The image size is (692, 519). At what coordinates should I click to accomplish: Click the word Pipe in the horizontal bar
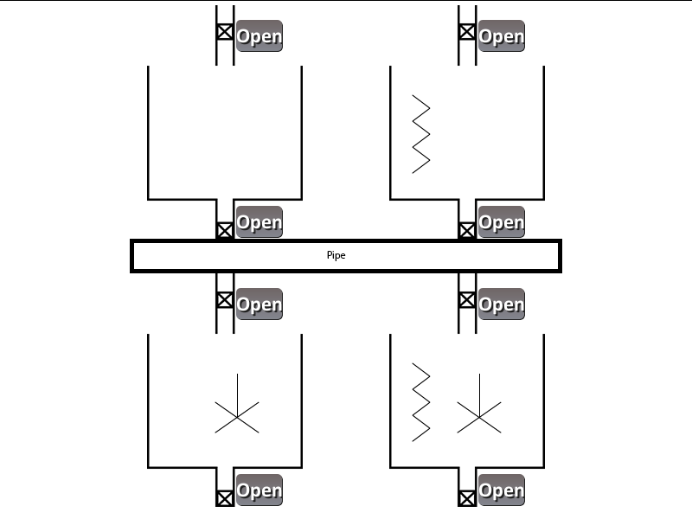tap(336, 256)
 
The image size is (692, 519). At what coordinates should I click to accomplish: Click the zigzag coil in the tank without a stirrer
tap(421, 133)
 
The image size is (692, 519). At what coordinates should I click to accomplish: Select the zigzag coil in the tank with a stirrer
tap(421, 402)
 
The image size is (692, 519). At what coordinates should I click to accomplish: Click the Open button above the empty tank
tap(259, 36)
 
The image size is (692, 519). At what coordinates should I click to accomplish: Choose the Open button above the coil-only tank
tap(502, 36)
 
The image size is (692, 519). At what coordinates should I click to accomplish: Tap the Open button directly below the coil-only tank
tap(502, 222)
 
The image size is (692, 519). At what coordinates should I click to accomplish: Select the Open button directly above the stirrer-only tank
tap(259, 304)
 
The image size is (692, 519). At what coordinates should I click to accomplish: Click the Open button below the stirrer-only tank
tap(259, 490)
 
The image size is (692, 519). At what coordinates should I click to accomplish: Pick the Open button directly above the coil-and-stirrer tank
tap(502, 304)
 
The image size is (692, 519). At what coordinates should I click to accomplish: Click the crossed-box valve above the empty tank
tap(225, 32)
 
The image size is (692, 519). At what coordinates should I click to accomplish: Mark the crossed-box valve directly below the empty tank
tap(225, 230)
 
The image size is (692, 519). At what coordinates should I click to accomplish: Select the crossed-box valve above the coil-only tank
tap(467, 32)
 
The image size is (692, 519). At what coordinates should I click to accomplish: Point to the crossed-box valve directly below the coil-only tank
tap(467, 230)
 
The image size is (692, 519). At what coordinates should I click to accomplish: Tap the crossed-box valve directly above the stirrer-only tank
tap(225, 299)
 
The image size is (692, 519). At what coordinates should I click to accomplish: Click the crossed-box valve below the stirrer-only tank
tap(225, 498)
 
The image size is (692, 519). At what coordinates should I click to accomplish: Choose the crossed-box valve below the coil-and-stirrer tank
tap(467, 498)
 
